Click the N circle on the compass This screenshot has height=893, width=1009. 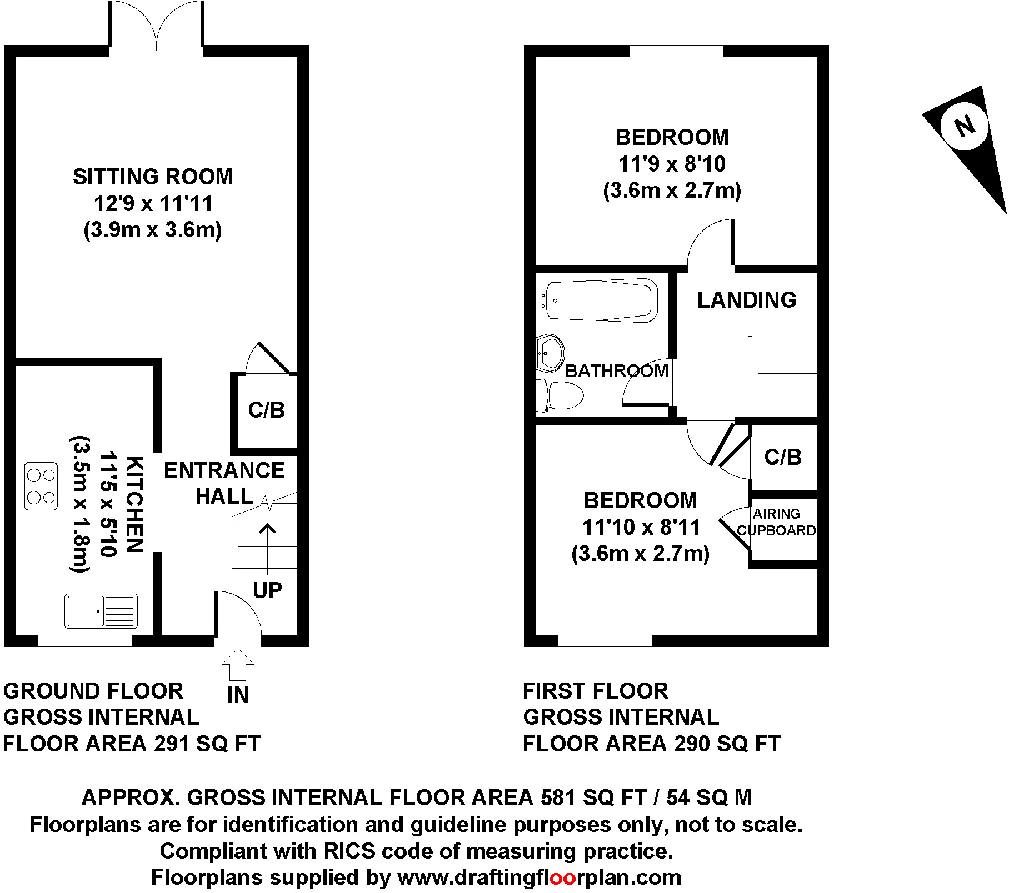(x=965, y=126)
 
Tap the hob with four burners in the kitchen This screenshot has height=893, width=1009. (x=41, y=486)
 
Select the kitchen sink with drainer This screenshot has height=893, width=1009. (x=101, y=611)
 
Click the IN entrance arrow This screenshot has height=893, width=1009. (x=238, y=664)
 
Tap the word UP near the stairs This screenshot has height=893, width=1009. (x=267, y=590)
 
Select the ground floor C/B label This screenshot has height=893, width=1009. (x=267, y=410)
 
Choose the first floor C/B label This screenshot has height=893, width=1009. (x=783, y=457)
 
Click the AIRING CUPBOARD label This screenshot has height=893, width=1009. (x=776, y=522)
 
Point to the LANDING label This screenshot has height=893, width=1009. (x=747, y=300)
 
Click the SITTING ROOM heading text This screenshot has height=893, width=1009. (x=153, y=177)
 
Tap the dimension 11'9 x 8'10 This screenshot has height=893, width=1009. (x=672, y=164)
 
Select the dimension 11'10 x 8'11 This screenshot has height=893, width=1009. (x=641, y=527)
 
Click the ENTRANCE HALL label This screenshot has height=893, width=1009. (x=224, y=483)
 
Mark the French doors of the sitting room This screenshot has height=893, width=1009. (x=157, y=28)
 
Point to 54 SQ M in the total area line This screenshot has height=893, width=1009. (x=708, y=797)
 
